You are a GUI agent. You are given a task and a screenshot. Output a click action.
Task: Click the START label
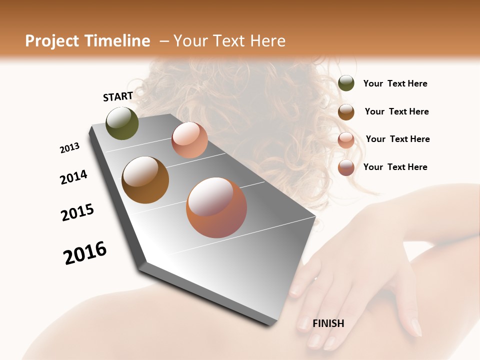coord(118,96)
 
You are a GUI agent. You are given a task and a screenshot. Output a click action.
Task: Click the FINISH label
coord(328,323)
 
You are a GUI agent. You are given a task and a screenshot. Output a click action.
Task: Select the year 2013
coord(69,148)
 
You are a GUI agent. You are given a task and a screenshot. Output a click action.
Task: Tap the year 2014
coord(73,177)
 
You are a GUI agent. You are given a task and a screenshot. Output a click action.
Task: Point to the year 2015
coord(77,212)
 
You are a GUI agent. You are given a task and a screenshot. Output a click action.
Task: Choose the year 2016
coord(85,253)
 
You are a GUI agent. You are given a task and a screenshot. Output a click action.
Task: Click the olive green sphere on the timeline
coord(122,123)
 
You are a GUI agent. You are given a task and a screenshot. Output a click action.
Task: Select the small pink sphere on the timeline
coord(189,140)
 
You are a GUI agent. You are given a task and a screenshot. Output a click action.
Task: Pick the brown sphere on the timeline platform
coord(145,180)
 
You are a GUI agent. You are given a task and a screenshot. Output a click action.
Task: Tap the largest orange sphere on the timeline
coord(216,207)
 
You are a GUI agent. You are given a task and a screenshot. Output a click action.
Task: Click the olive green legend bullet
coord(346,83)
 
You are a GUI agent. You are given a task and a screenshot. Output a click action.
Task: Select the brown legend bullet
coord(346,112)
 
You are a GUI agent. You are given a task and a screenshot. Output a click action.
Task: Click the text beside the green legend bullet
coord(395,83)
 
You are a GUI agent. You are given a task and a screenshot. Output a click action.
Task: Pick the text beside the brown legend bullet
coord(396,111)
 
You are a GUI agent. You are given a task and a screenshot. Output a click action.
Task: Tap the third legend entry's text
coord(397,139)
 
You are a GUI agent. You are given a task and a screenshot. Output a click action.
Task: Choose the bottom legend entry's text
coord(395,167)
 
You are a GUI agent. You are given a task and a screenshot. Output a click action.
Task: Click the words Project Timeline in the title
coord(87,41)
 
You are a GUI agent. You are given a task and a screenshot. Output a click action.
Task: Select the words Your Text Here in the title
coord(229,41)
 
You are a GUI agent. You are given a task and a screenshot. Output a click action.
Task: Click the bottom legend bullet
coord(346,167)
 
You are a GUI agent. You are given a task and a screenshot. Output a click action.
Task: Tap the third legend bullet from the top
coord(346,140)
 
